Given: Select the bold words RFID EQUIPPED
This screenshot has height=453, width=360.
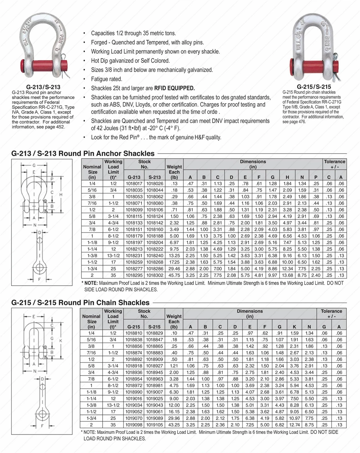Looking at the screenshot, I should point(175,88).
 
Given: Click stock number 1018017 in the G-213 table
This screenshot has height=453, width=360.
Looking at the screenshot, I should point(134,184).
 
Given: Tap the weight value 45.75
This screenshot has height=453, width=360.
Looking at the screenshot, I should point(174,275).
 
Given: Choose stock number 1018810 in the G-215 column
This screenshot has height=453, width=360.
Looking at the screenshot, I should point(134,333).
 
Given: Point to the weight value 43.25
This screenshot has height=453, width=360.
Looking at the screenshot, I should point(174,425).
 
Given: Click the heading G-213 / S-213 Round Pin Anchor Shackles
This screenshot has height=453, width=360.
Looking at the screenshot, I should point(83,154).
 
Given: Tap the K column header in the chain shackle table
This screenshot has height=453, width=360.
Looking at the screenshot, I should point(294,327).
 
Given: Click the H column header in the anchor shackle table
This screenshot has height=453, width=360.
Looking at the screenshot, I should point(287,177).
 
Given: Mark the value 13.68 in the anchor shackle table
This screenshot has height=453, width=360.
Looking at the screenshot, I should point(287,275).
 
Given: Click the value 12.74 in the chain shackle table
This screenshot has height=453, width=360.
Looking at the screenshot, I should point(294,425).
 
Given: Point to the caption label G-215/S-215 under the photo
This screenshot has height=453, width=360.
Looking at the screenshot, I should point(314,87).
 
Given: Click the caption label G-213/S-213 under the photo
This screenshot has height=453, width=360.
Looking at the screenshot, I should point(44,87).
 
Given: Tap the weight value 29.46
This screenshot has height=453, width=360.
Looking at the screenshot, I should point(174,269).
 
